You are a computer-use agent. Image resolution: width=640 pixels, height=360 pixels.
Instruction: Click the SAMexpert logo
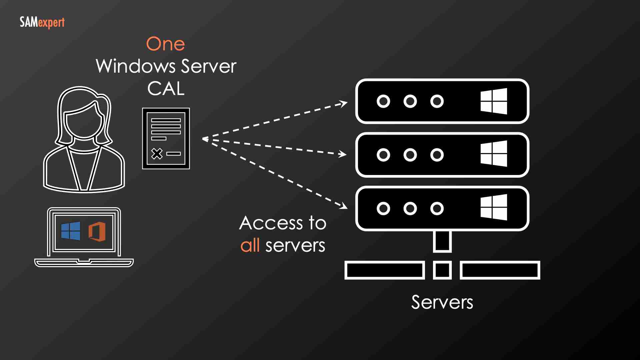tap(42, 23)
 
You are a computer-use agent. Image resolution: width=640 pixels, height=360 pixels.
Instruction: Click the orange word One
tap(165, 44)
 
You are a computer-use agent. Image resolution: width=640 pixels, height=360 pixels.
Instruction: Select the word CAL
tap(166, 89)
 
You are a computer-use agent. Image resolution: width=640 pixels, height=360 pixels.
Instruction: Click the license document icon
tap(166, 138)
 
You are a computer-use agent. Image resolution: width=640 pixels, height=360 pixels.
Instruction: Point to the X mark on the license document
tap(157, 154)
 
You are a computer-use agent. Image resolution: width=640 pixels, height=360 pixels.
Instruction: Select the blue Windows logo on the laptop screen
tap(71, 231)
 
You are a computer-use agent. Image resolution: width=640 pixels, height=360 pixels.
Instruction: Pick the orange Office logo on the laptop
tap(97, 231)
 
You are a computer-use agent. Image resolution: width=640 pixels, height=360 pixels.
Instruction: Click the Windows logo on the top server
tap(494, 101)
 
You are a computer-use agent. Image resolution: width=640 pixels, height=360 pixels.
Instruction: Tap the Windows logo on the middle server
tap(494, 154)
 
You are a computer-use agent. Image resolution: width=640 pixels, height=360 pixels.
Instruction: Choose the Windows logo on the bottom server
tap(494, 207)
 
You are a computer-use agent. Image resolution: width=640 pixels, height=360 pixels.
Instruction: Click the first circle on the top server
tap(383, 101)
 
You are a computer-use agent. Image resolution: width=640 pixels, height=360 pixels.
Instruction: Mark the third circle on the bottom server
tap(437, 209)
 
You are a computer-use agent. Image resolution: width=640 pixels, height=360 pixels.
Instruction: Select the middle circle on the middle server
tap(410, 155)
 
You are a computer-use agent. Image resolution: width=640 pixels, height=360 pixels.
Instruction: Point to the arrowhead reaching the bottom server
tap(344, 206)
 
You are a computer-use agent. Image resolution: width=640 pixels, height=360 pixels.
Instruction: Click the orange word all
tap(250, 246)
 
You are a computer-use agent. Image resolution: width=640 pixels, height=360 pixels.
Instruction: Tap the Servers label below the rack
tap(442, 302)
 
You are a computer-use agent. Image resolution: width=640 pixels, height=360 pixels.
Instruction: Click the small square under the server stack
tap(442, 270)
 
